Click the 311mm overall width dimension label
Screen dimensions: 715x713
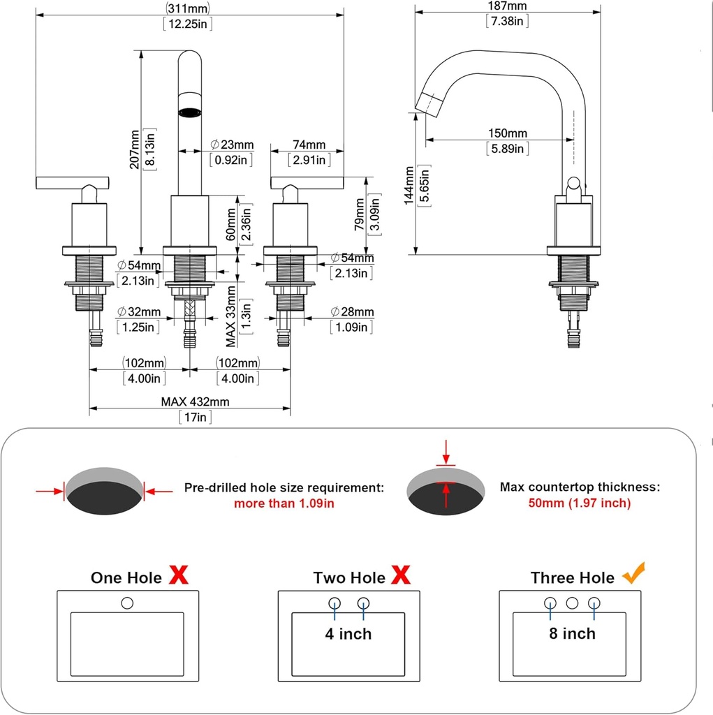tap(189, 8)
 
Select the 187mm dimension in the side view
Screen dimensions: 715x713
tap(507, 6)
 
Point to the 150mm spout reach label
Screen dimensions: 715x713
tap(508, 133)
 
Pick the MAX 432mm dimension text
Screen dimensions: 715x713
tap(195, 401)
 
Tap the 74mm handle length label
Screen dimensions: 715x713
tap(309, 145)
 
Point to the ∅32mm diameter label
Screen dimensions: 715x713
tap(139, 311)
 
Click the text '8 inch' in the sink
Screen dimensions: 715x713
tap(571, 633)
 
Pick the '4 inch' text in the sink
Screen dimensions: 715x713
tap(348, 634)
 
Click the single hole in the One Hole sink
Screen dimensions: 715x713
tap(127, 602)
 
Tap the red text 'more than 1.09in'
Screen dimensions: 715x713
tap(284, 503)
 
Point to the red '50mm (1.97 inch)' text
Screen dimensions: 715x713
tap(580, 503)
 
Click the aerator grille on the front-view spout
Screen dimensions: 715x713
tap(191, 111)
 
